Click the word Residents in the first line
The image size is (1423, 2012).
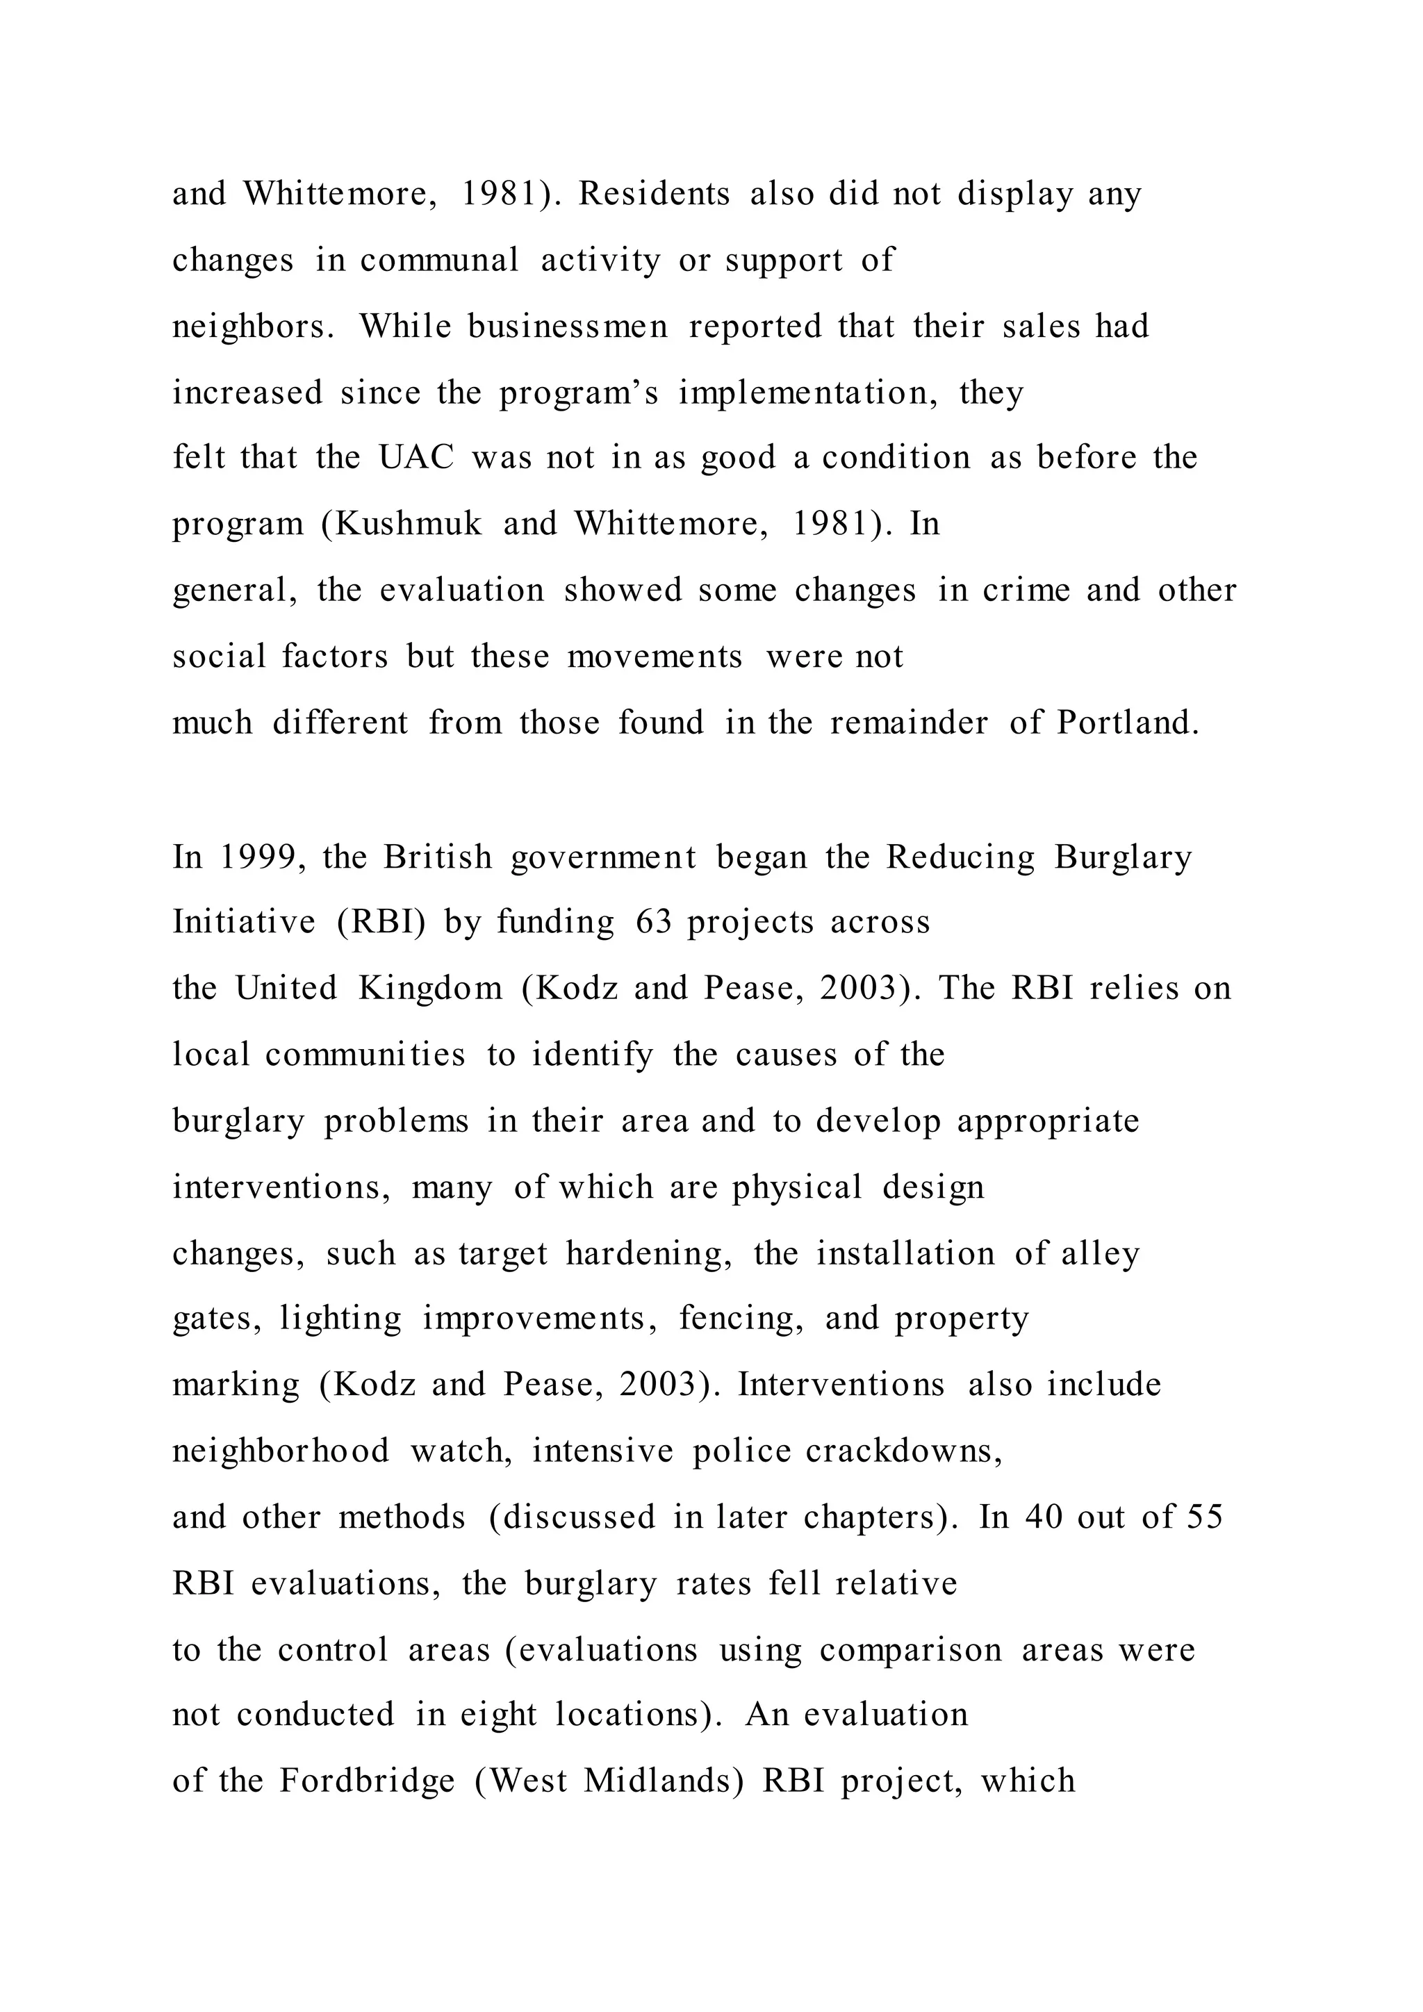[654, 194]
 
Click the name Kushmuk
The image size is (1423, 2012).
[409, 524]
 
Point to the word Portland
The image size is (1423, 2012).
[1128, 723]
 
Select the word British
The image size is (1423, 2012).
[438, 857]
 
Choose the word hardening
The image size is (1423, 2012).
[648, 1254]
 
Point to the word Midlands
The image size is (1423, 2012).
[664, 1781]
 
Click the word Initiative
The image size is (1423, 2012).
[244, 923]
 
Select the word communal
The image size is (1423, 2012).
[440, 261]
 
